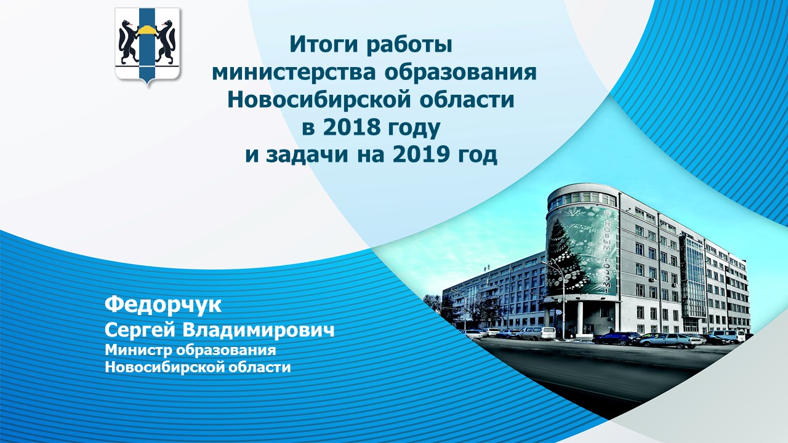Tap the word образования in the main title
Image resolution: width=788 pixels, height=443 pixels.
(x=460, y=72)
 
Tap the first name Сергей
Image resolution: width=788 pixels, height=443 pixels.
(x=140, y=330)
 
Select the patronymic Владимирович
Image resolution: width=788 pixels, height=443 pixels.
(x=259, y=330)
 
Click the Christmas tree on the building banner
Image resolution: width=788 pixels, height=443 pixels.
(x=565, y=258)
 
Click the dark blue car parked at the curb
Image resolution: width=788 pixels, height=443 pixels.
(x=617, y=338)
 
